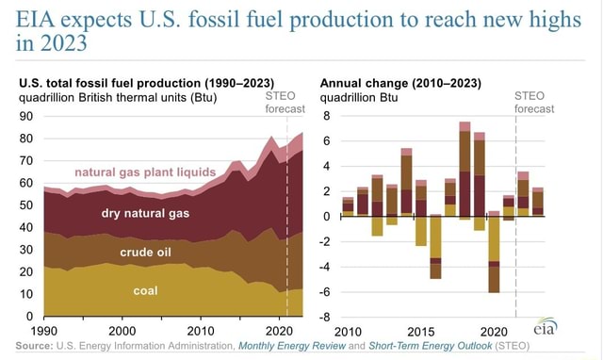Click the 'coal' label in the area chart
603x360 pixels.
pyautogui.click(x=145, y=290)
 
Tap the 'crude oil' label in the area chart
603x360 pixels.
pyautogui.click(x=145, y=252)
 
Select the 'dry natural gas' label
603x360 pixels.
pyautogui.click(x=145, y=213)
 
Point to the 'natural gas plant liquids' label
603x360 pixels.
pyautogui.click(x=145, y=172)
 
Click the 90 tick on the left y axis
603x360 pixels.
pyautogui.click(x=25, y=116)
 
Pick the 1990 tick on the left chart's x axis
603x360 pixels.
pyautogui.click(x=43, y=331)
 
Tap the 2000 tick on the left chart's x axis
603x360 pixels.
pyautogui.click(x=122, y=331)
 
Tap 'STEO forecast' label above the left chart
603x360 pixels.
pyautogui.click(x=283, y=101)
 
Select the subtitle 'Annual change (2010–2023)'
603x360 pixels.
pyautogui.click(x=400, y=81)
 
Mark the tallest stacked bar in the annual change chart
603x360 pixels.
pyautogui.click(x=464, y=170)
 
